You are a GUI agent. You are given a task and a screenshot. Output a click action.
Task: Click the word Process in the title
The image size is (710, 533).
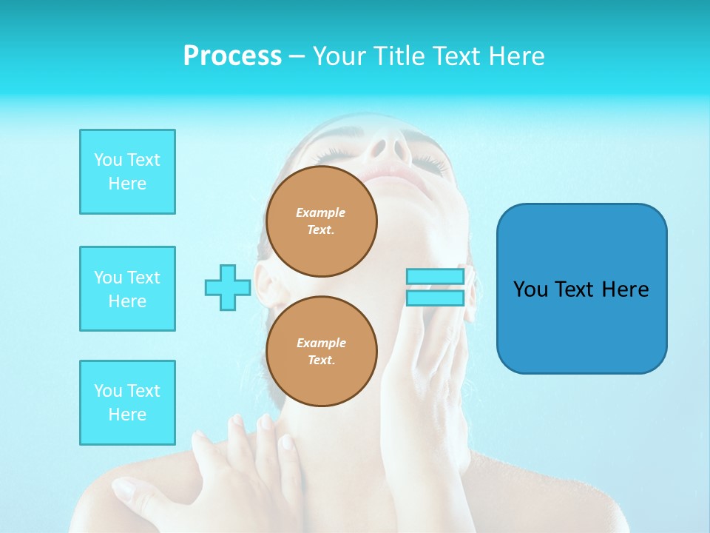click(232, 56)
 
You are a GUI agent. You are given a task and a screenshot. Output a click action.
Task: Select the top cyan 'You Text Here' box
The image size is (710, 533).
click(127, 172)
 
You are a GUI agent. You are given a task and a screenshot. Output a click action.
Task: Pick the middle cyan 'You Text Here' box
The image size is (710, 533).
click(127, 289)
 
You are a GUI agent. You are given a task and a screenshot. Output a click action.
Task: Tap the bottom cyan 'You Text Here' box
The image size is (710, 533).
click(127, 403)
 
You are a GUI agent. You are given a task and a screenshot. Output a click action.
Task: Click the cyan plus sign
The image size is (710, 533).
click(228, 288)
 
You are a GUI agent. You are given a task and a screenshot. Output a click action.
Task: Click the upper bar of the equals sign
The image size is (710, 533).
click(435, 277)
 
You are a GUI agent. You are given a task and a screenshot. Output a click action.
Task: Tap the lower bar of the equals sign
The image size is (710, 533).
click(435, 298)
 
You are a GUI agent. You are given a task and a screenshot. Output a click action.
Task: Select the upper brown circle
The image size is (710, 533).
click(322, 221)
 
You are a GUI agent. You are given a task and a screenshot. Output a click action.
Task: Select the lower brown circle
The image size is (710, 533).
click(322, 352)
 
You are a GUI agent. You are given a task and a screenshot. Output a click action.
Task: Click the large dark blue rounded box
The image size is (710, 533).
click(581, 288)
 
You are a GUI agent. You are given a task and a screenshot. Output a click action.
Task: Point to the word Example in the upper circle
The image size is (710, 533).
click(321, 213)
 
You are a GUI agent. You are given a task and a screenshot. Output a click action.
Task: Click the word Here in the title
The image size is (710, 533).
click(515, 56)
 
